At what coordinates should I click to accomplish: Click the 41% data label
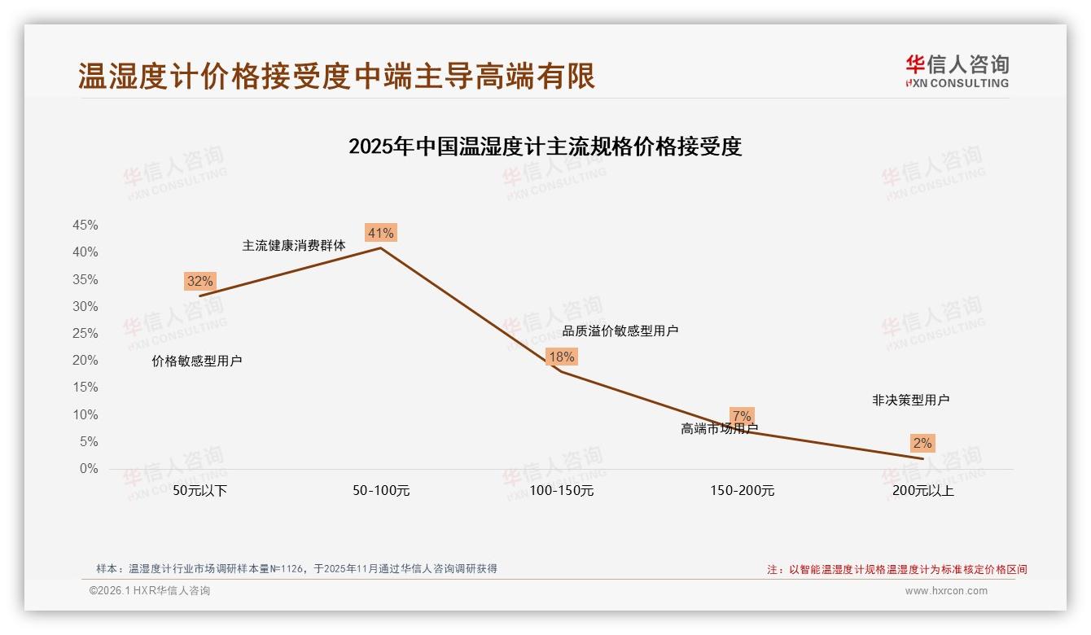pos(380,234)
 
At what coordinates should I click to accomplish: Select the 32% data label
pos(199,282)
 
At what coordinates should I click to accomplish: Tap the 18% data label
pos(561,357)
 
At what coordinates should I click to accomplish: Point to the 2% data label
pos(922,444)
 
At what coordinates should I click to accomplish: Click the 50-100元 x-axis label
pos(381,491)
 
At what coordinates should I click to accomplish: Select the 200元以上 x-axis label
pos(922,491)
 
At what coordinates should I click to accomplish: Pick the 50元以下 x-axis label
pos(200,491)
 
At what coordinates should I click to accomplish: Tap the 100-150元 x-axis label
pos(562,491)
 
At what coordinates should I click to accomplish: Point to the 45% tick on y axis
pos(85,225)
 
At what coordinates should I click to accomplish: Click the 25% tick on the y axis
pos(85,333)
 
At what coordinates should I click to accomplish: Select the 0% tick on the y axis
pos(89,469)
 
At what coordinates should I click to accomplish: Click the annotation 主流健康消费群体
pos(294,245)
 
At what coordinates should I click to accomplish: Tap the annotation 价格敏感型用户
pos(197,361)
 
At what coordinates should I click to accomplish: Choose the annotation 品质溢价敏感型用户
pos(620,331)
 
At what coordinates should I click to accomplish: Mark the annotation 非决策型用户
pos(910,401)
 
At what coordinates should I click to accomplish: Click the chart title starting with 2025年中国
pos(545,147)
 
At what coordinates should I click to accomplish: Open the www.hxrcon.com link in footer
pos(946,591)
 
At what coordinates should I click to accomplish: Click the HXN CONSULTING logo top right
pos(957,72)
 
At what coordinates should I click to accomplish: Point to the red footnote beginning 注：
pos(897,570)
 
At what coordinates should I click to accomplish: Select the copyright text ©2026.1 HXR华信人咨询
pos(150,591)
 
